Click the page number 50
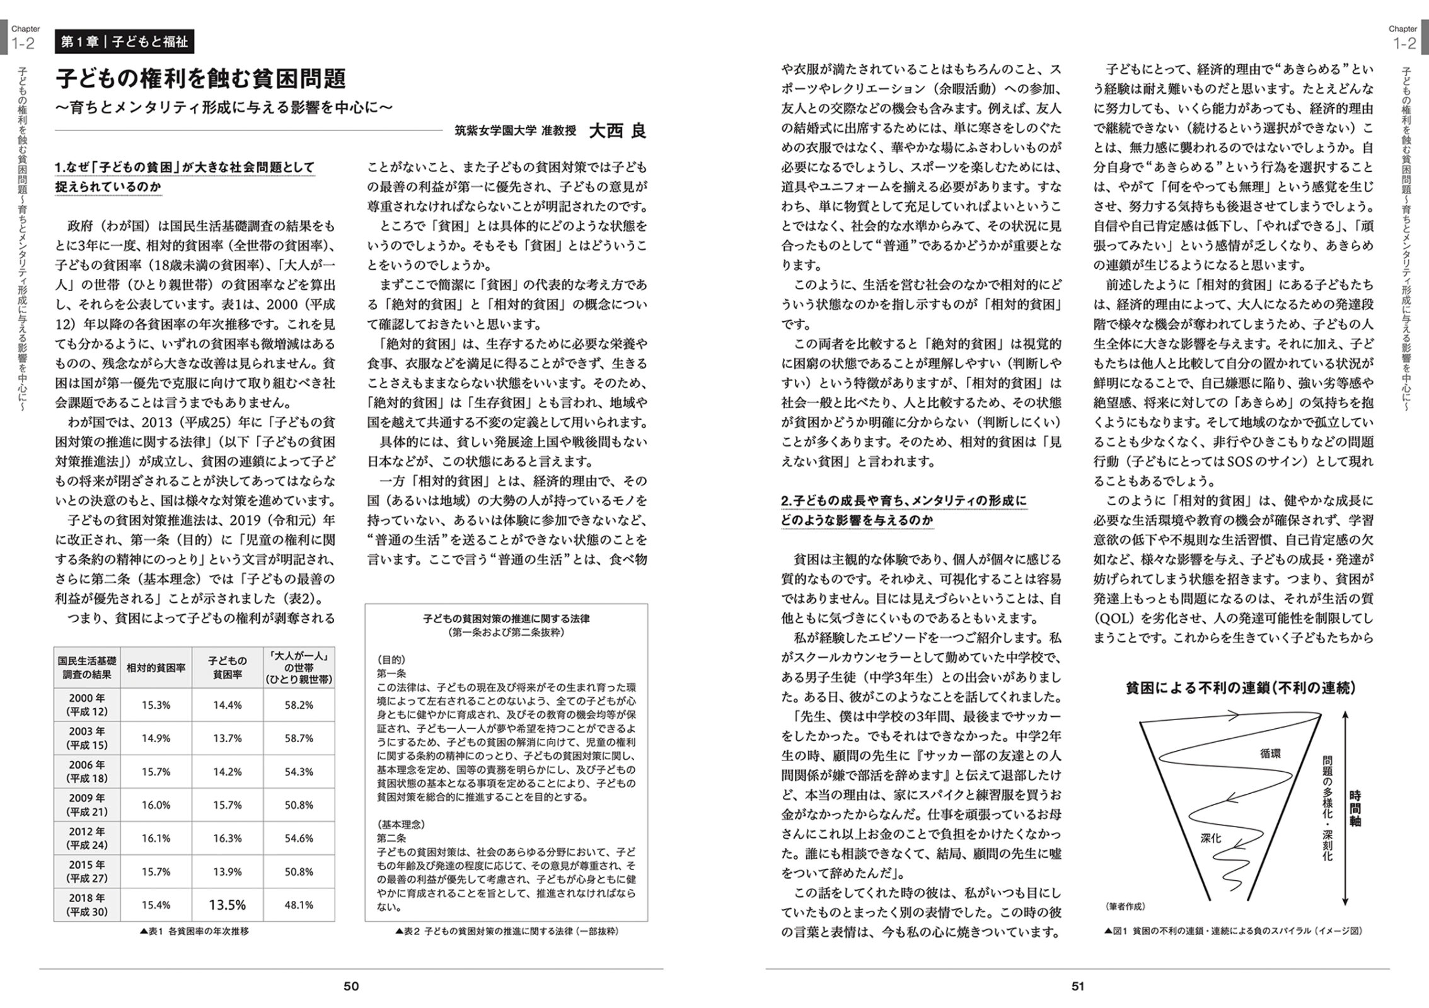[351, 986]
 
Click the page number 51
[1077, 986]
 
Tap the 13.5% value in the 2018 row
[227, 905]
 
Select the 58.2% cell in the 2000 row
[299, 705]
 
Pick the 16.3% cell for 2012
[227, 839]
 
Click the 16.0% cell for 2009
[156, 805]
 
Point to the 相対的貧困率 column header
[156, 667]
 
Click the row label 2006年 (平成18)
[87, 772]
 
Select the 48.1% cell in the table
[299, 905]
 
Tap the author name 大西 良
[617, 130]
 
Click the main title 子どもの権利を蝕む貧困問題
[201, 79]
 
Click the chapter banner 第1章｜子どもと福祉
[124, 42]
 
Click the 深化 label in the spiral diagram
[1210, 839]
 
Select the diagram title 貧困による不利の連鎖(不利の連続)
[1241, 689]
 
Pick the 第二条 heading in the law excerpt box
[391, 839]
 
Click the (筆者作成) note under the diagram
[1125, 907]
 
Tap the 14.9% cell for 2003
[156, 738]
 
